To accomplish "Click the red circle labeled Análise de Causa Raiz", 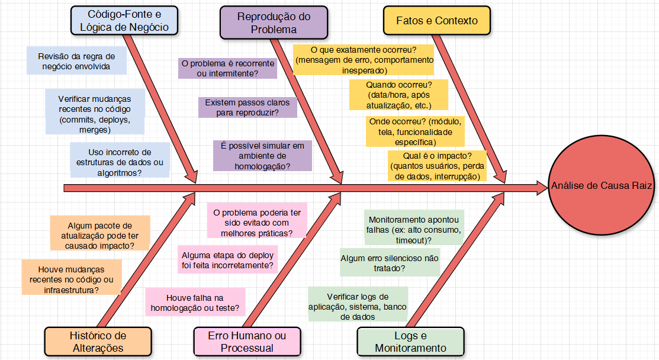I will pyautogui.click(x=602, y=186).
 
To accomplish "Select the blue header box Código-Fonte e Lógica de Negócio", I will pyautogui.click(x=124, y=20).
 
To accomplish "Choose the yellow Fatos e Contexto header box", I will pyautogui.click(x=437, y=21).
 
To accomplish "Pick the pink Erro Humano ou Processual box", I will pyautogui.click(x=247, y=342).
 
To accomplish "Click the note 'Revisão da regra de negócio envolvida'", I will pyautogui.click(x=76, y=61).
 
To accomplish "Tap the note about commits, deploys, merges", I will pyautogui.click(x=95, y=114).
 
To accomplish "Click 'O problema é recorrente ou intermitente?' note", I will pyautogui.click(x=227, y=68).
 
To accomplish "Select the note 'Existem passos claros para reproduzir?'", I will pyautogui.click(x=247, y=107).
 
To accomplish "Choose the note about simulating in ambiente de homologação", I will pyautogui.click(x=262, y=156).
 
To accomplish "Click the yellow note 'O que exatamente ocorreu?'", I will pyautogui.click(x=364, y=60).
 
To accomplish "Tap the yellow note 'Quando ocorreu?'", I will pyautogui.click(x=398, y=95).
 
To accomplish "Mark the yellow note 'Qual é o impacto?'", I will pyautogui.click(x=437, y=166).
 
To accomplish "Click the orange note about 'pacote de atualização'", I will pyautogui.click(x=100, y=233).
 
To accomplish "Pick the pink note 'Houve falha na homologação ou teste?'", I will pyautogui.click(x=195, y=302).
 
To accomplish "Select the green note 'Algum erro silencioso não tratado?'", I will pyautogui.click(x=390, y=263).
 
